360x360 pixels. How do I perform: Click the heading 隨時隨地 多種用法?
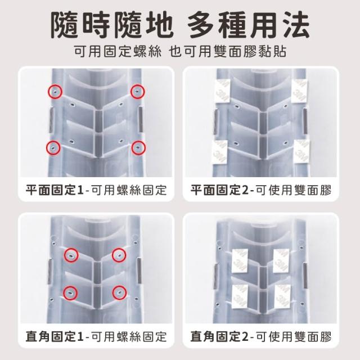pos(180,25)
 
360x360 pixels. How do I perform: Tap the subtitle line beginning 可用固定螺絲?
pos(180,51)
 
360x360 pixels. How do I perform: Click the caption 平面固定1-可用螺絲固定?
pos(96,190)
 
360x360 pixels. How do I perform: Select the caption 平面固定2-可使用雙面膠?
pos(261,190)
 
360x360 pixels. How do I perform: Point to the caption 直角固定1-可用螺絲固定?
pos(96,336)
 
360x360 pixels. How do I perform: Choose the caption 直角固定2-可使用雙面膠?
pos(261,336)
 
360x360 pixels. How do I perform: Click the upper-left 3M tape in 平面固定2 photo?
pos(222,91)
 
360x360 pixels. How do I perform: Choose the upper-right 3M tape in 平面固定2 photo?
pos(300,91)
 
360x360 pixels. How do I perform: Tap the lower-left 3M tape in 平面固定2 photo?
pos(219,151)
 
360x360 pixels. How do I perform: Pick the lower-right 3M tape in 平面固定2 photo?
pos(301,151)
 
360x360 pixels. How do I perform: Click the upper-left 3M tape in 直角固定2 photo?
pos(240,261)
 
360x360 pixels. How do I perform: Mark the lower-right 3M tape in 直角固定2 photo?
pos(282,296)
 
